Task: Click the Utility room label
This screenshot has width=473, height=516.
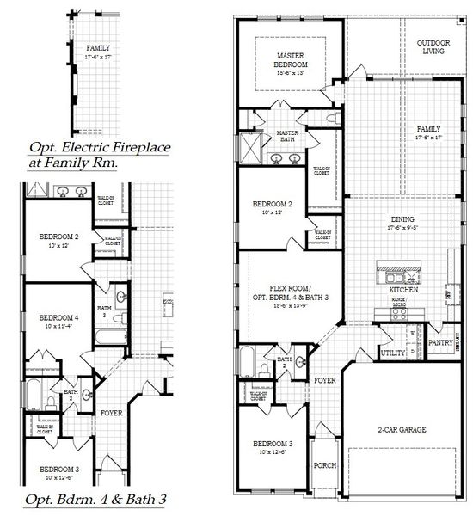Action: (x=394, y=353)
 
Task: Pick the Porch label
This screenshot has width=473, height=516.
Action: (x=325, y=465)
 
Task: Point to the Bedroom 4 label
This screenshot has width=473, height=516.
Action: (x=58, y=317)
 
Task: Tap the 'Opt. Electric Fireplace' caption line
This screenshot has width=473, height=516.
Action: (x=100, y=147)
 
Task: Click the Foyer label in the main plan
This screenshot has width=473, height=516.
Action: (x=324, y=379)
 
